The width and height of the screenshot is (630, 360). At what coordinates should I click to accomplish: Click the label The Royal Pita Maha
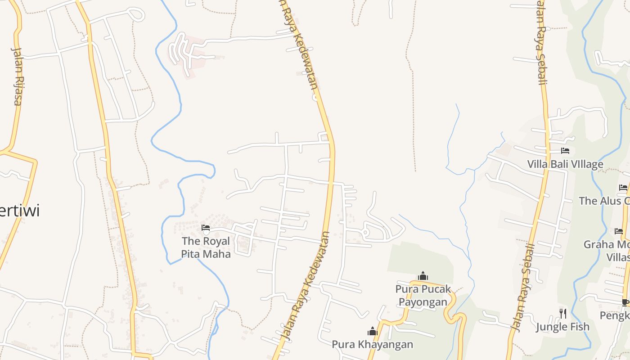[x=206, y=247]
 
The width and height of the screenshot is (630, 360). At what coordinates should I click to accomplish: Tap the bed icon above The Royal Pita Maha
[x=206, y=228]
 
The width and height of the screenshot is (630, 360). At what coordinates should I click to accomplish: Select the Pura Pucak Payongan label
[x=423, y=295]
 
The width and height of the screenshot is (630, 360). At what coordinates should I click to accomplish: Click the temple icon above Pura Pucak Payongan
[x=423, y=276]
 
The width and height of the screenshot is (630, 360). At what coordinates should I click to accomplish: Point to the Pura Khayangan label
[x=372, y=345]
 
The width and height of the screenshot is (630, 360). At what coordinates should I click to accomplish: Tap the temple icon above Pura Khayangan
[x=372, y=332]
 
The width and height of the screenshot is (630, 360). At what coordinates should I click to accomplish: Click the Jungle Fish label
[x=562, y=327]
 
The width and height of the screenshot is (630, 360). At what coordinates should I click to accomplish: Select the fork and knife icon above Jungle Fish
[x=563, y=313]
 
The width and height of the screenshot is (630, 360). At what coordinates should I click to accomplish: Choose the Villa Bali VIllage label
[x=565, y=164]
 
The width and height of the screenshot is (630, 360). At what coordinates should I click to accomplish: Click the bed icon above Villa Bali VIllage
[x=565, y=151]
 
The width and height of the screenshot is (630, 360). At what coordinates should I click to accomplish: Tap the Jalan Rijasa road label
[x=17, y=76]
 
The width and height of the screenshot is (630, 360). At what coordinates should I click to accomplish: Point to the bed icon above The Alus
[x=623, y=188]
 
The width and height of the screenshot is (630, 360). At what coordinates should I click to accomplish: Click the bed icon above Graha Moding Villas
[x=619, y=231]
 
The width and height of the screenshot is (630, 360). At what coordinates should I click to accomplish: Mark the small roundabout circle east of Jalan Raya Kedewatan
[x=365, y=233]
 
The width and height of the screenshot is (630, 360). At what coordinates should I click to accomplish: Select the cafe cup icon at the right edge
[x=625, y=302]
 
